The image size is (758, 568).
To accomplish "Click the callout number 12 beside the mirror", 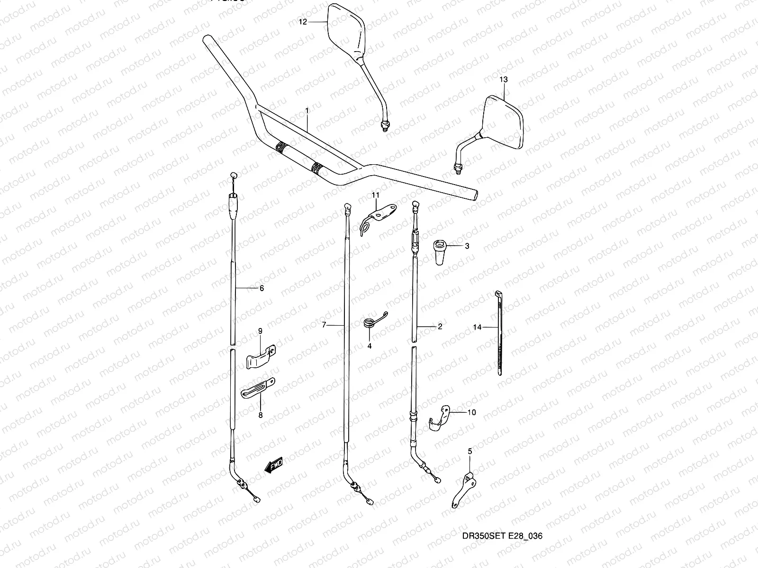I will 303,22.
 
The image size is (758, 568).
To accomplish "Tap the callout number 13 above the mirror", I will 503,80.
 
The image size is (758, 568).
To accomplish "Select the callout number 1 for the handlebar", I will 307,110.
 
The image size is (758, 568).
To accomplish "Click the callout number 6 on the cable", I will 261,288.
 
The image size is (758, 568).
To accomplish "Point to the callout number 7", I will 324,325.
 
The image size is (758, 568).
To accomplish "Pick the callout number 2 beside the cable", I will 440,327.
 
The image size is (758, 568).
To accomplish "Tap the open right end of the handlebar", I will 474,196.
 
